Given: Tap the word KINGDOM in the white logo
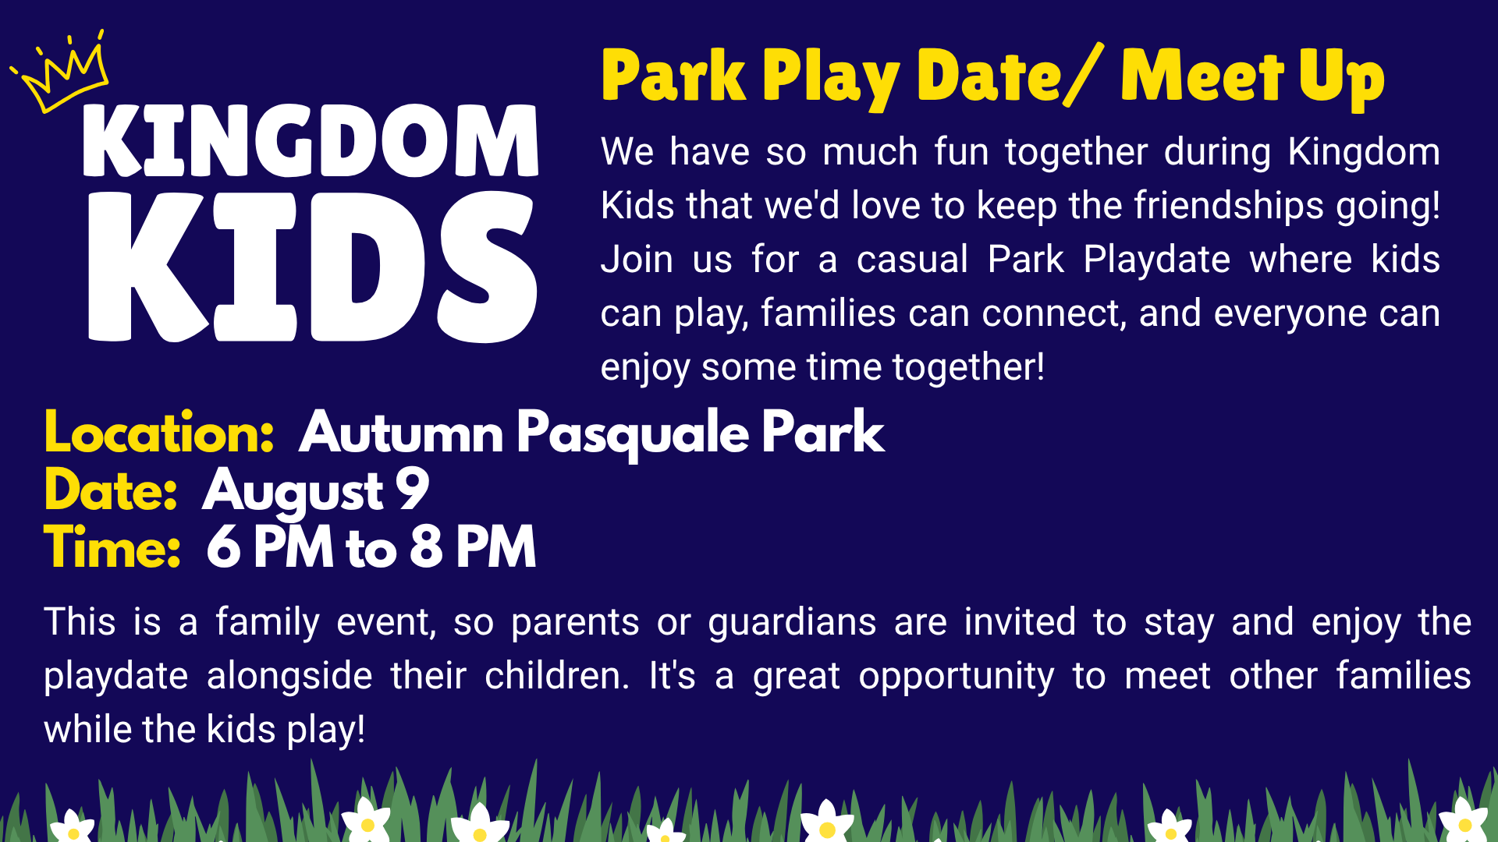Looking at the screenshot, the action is [x=311, y=141].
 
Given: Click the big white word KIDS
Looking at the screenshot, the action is [x=312, y=267].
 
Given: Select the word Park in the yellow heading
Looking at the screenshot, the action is [x=674, y=76].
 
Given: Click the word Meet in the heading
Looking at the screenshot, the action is [x=1202, y=76].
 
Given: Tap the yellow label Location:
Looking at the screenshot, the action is [x=159, y=433].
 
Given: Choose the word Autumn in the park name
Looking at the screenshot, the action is [x=402, y=433].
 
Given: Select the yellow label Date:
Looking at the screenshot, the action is [x=111, y=490].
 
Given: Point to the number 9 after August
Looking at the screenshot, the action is [x=413, y=489].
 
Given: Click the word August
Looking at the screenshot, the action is [x=293, y=493].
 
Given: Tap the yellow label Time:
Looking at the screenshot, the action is [x=112, y=547].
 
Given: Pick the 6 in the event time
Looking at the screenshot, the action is [x=224, y=547].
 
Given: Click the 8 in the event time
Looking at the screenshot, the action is [x=426, y=547].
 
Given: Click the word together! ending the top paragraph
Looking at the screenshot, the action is [x=968, y=367].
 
